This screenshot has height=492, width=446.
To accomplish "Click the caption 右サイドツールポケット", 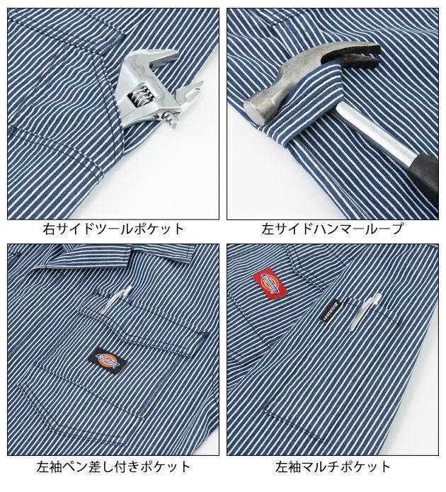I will click(x=113, y=229).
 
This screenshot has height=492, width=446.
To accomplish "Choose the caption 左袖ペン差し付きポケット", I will click(x=113, y=467).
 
